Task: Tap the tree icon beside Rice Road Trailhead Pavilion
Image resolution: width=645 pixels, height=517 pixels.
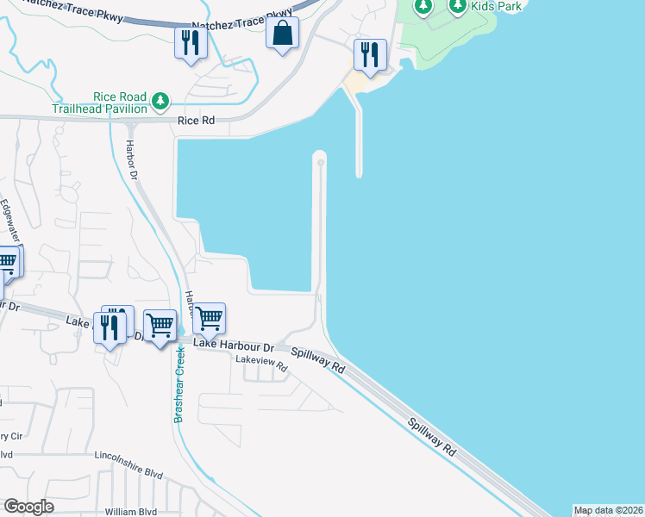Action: pos(160,103)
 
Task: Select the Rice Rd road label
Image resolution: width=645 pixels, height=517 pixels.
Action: pos(196,121)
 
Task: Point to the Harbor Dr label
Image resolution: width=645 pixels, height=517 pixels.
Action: pos(132,159)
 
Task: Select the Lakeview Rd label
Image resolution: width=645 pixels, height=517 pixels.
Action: pos(263,364)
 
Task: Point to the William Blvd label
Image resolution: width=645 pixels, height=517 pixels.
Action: pos(132,511)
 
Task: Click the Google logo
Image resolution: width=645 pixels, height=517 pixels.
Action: pos(28,507)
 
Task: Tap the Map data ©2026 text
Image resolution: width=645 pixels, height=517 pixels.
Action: pos(608,510)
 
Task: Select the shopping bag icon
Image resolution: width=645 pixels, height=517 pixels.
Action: pos(283,34)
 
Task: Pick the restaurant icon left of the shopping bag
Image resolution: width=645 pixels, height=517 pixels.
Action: pos(191,42)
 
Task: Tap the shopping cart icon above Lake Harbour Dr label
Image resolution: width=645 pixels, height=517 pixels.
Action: pos(210,319)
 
